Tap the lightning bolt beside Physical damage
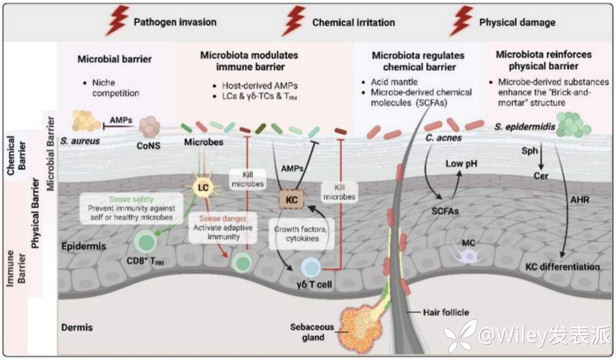click(461, 22)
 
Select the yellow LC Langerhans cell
click(202, 188)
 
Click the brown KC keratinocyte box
click(292, 200)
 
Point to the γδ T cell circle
click(311, 267)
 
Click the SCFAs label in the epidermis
click(445, 211)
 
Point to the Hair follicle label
click(445, 312)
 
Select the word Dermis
click(76, 327)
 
